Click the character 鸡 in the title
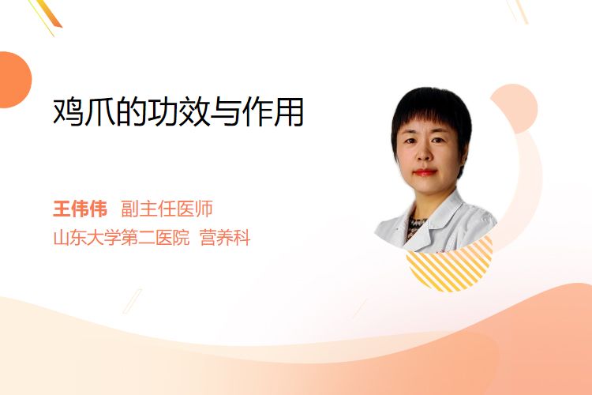click(x=69, y=112)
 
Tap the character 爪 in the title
click(x=99, y=112)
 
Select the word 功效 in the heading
click(x=178, y=112)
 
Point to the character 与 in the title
click(x=225, y=112)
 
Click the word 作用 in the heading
click(x=272, y=112)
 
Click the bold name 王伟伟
click(x=80, y=209)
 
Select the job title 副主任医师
click(x=167, y=209)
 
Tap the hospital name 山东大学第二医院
click(x=122, y=238)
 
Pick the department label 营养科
click(x=225, y=238)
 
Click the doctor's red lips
click(x=425, y=172)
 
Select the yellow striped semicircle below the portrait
click(x=450, y=266)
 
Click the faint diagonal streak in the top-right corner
click(x=519, y=11)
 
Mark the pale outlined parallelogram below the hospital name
click(x=133, y=301)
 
